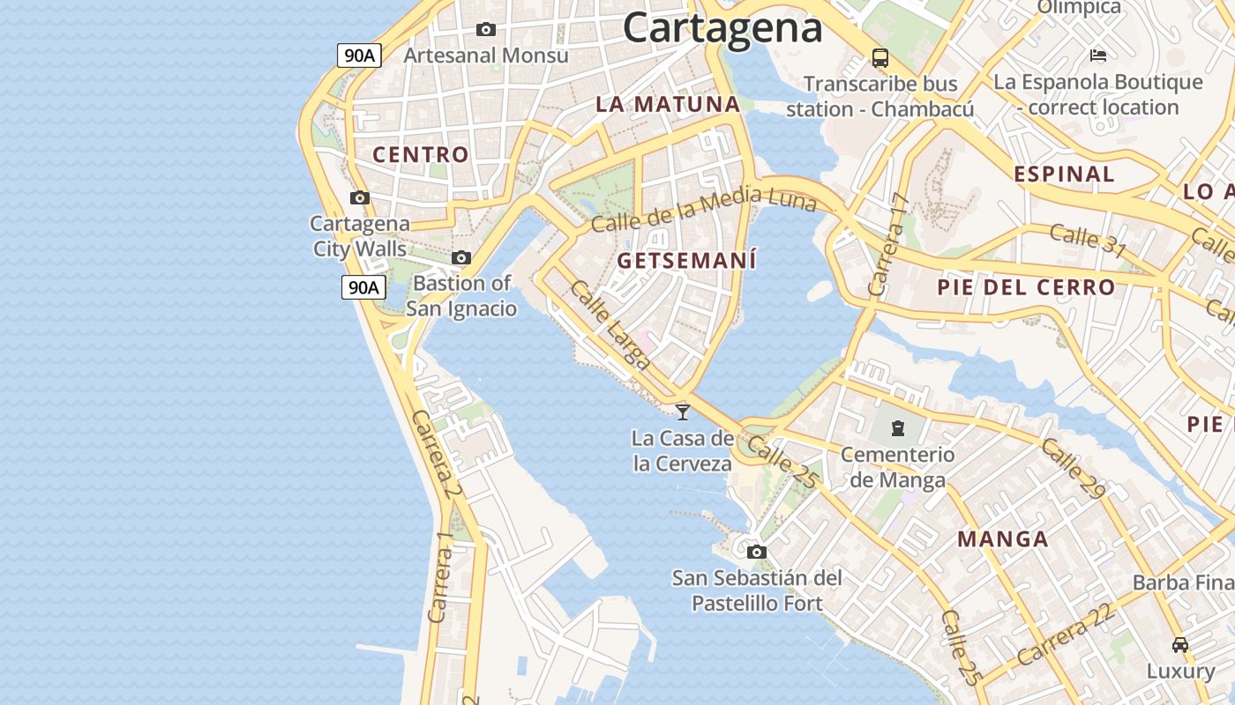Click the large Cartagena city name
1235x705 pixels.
(722, 27)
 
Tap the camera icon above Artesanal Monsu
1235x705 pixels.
(485, 30)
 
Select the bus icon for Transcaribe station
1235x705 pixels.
(879, 58)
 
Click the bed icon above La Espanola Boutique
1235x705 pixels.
(1098, 56)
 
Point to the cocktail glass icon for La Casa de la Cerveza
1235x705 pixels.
(683, 412)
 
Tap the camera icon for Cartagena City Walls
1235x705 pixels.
(360, 198)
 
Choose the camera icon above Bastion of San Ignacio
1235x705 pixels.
(460, 258)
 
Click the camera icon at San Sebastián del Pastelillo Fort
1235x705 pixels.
(756, 553)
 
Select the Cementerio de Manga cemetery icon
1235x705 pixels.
(897, 429)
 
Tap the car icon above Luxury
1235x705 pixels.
(1180, 645)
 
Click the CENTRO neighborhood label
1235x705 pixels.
(421, 155)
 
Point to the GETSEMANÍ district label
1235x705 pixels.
(687, 261)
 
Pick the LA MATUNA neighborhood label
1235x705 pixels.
(668, 104)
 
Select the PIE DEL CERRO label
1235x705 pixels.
(1026, 287)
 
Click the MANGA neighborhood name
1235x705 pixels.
(1003, 539)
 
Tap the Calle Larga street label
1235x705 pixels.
(610, 323)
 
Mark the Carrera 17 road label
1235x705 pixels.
(887, 245)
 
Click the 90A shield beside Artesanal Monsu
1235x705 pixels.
(360, 56)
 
